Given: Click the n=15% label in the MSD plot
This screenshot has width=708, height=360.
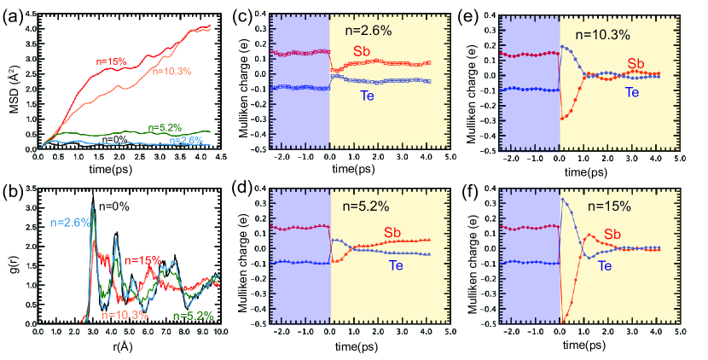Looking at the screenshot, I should pos(110,61).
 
